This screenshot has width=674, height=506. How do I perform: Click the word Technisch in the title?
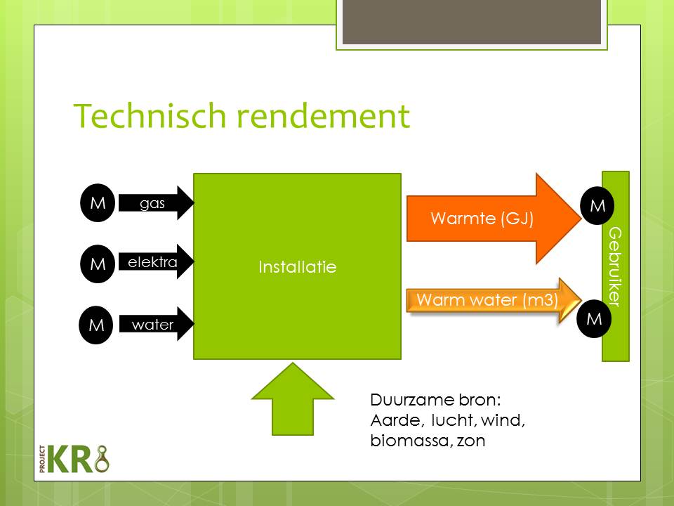[150, 116]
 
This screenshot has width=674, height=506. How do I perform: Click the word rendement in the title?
[323, 116]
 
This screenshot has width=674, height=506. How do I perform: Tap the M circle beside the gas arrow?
[98, 202]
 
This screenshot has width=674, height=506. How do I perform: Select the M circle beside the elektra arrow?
[98, 264]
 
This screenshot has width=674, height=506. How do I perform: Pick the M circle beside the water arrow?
[96, 325]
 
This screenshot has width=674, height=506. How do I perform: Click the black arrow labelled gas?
[156, 203]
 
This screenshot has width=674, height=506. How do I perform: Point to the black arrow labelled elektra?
[156, 261]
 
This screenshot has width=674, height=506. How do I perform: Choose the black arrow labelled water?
[156, 324]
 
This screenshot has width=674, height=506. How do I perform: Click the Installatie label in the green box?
[298, 267]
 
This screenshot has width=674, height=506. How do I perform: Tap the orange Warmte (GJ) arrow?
[494, 219]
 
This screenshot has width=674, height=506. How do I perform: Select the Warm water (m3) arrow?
[494, 300]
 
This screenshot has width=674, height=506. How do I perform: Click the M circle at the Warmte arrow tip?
[597, 206]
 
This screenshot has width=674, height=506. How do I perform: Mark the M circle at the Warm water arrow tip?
[594, 319]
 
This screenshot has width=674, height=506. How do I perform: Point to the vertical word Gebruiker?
[616, 267]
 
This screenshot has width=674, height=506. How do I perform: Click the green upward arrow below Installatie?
[293, 399]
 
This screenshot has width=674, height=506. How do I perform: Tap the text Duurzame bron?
[435, 400]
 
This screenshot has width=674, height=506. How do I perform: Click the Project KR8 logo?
[74, 459]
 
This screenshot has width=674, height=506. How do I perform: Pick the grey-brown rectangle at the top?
[472, 22]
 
